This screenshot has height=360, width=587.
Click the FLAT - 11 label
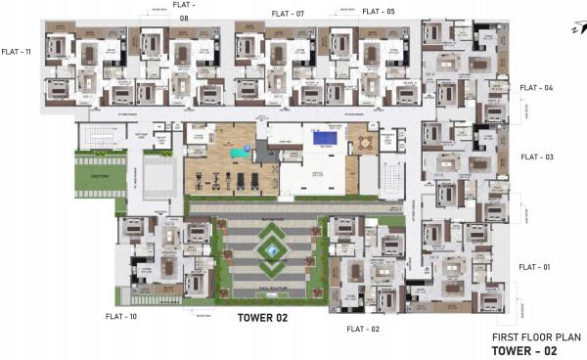point(18,52)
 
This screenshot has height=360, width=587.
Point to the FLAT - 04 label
point(536,88)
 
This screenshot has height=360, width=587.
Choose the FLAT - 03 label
point(536,157)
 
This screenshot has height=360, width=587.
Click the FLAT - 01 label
point(536,267)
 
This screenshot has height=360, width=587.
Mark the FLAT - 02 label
point(362,329)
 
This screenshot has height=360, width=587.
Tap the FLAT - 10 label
point(120,317)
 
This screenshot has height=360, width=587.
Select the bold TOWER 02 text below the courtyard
point(263,318)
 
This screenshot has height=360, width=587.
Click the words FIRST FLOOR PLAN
point(531,335)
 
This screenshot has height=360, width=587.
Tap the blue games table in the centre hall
point(322,139)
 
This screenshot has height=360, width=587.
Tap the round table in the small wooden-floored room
point(364,143)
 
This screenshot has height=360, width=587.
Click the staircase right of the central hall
point(388,177)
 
